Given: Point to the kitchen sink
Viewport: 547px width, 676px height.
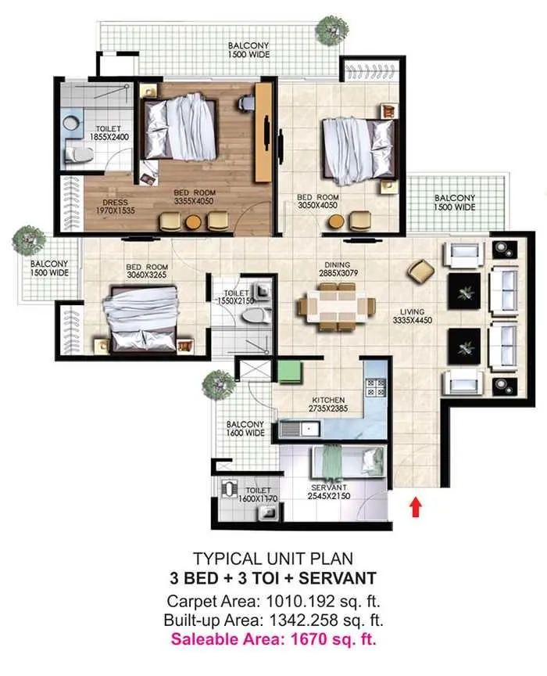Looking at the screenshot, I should tap(300, 428).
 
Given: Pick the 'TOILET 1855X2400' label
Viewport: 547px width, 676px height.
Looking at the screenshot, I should tap(106, 133).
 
